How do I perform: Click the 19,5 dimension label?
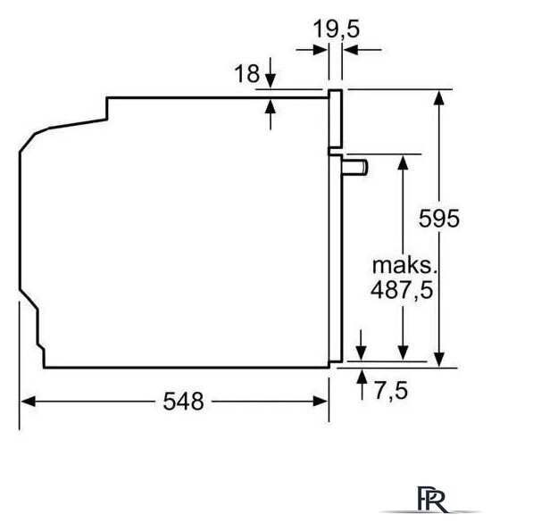click(x=336, y=29)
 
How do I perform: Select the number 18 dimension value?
click(x=247, y=74)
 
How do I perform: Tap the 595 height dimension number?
click(x=439, y=218)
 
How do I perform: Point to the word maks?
click(x=404, y=265)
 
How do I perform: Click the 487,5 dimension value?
click(x=402, y=290)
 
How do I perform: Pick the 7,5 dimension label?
click(x=391, y=390)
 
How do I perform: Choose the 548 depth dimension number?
click(x=184, y=402)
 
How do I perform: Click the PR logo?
click(x=432, y=499)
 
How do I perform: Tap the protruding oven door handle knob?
click(x=355, y=167)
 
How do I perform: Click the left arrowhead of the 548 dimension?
click(x=28, y=402)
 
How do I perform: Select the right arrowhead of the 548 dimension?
click(x=321, y=402)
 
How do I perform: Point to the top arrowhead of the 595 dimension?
click(x=439, y=98)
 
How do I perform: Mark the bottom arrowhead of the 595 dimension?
click(x=439, y=360)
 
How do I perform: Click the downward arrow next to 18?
click(x=271, y=72)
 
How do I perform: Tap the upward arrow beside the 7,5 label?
click(x=362, y=385)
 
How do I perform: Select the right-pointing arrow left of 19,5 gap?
click(x=312, y=50)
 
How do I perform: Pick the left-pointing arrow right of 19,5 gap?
click(x=362, y=50)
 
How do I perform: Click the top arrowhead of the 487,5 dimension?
click(x=403, y=162)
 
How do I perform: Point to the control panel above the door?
click(x=335, y=119)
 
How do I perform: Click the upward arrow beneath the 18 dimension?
click(x=271, y=115)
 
